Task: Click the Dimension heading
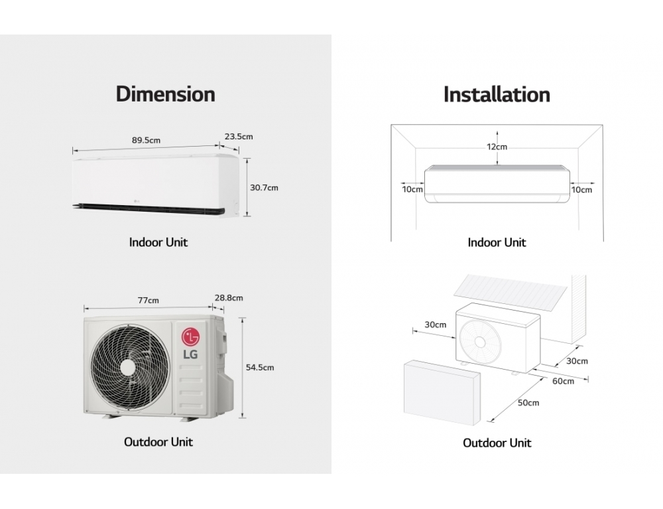(165, 94)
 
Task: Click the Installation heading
(497, 94)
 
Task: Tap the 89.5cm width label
(146, 140)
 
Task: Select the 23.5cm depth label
(239, 137)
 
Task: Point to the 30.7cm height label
(264, 188)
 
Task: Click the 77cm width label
(148, 300)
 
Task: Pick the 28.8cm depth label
(228, 298)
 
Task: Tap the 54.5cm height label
(260, 367)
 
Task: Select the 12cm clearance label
(497, 147)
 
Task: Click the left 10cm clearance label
(412, 190)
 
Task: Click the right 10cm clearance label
(581, 190)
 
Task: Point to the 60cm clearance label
(563, 381)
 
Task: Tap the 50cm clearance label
(528, 403)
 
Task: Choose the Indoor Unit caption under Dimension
(158, 242)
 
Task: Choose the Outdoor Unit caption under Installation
(497, 443)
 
